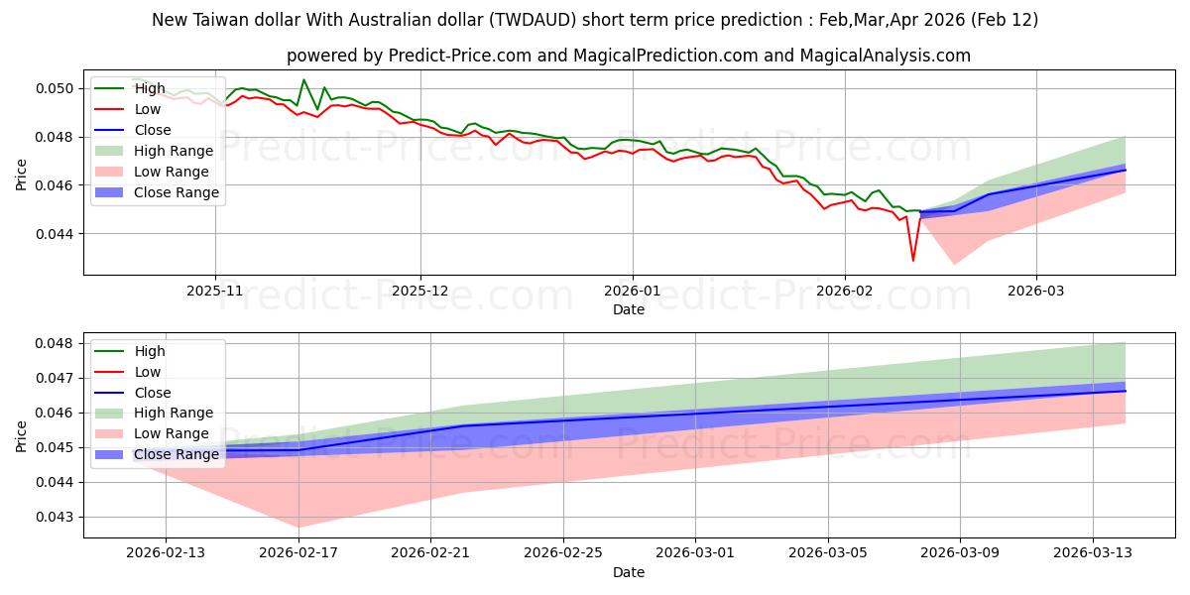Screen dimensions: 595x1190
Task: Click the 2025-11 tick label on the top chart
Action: tap(215, 291)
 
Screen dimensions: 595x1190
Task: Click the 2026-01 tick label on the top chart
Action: tap(632, 291)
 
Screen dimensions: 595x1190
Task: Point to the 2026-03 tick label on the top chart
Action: tap(1036, 291)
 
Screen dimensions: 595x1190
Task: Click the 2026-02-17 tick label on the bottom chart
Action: tap(298, 553)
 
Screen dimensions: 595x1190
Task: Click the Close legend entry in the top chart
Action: tap(153, 130)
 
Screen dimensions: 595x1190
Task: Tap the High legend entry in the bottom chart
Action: tap(150, 351)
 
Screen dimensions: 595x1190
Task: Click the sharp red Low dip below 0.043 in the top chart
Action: tap(913, 261)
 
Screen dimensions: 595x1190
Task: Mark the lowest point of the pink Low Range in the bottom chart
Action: tap(298, 528)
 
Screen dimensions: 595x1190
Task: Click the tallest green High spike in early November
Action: tap(303, 79)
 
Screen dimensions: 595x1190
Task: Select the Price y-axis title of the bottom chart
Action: tap(23, 435)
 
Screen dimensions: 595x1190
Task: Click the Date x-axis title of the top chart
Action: tap(629, 309)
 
